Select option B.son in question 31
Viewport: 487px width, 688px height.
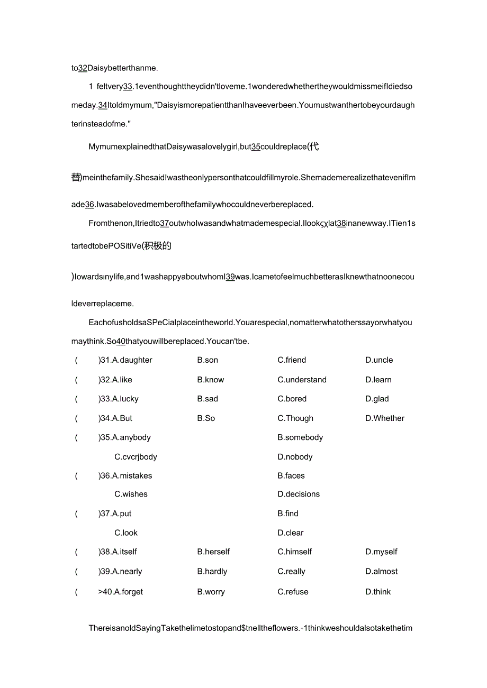(208, 360)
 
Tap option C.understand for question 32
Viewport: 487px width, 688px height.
(302, 380)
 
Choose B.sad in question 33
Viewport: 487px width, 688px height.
(208, 399)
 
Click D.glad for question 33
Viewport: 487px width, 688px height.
(377, 399)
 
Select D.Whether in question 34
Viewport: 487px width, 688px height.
(385, 418)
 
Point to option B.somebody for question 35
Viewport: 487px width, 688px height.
(300, 437)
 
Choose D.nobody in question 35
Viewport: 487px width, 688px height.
(295, 457)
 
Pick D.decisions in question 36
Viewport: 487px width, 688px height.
(299, 494)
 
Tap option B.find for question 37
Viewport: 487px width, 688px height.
(288, 513)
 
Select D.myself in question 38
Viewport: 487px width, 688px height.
(381, 552)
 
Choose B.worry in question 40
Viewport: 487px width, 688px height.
(211, 592)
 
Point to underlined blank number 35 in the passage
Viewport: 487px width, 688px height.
(255, 147)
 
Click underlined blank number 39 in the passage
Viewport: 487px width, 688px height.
(230, 277)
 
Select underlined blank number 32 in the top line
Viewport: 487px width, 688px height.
(83, 68)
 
